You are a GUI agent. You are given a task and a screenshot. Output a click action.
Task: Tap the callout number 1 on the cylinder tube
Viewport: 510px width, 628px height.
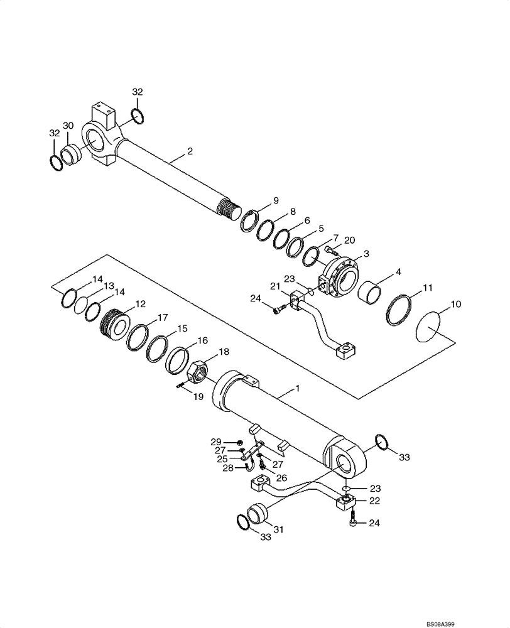tap(298, 390)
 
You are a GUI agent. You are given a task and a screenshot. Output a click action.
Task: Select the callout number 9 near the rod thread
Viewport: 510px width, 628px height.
tap(276, 201)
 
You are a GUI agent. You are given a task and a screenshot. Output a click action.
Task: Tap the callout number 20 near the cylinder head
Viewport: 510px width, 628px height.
tap(350, 239)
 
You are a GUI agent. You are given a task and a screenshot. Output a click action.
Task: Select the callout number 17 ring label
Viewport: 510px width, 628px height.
tap(162, 317)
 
